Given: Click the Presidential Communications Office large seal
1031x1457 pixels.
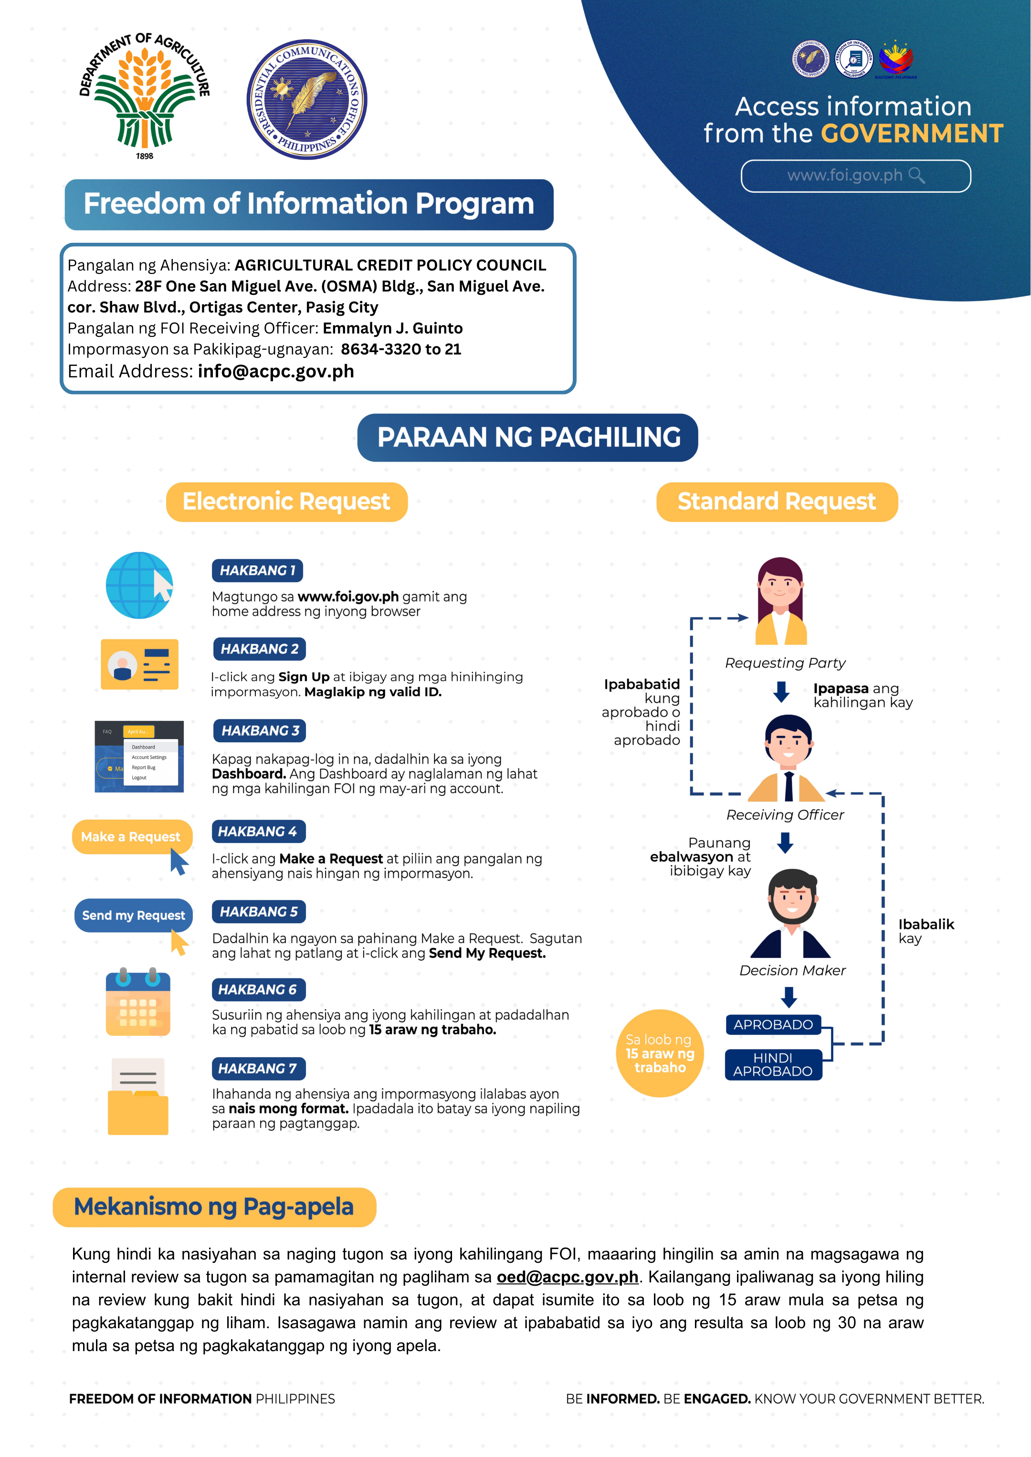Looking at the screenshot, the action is point(306,99).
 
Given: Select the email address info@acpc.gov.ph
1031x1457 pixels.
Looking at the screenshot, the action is point(276,371).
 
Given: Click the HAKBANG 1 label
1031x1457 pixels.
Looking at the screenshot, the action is point(257,571).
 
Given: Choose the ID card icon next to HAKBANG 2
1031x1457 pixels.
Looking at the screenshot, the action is point(140,665).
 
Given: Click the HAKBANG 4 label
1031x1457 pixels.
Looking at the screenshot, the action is point(258,831).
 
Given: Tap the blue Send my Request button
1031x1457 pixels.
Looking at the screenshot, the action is point(133,915).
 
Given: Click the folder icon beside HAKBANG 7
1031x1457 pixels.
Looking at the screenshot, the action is point(138,1096).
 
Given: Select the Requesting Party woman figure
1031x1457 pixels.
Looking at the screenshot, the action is point(781,601).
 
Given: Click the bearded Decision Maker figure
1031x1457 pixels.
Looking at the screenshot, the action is point(791,913).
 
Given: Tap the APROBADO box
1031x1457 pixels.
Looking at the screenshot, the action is point(773,1025).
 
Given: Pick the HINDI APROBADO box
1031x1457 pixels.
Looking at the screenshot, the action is point(773,1065).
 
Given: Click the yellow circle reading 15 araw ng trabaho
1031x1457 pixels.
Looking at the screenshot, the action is point(660,1053).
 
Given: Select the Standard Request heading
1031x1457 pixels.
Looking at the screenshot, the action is point(777,502).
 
